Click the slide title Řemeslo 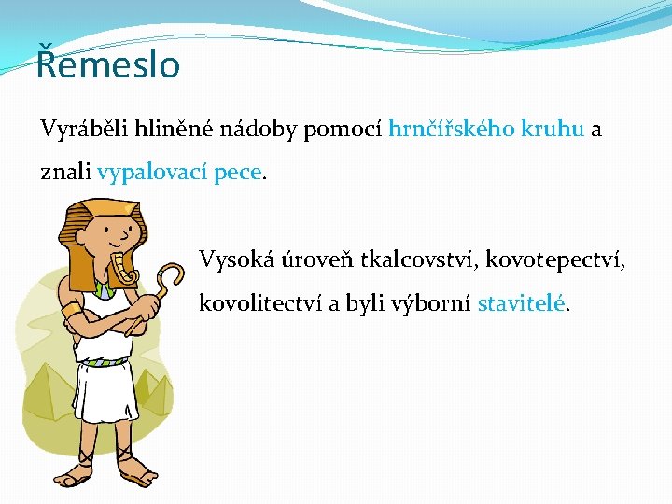click(108, 66)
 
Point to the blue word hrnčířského click(451, 130)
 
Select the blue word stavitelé click(522, 303)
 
